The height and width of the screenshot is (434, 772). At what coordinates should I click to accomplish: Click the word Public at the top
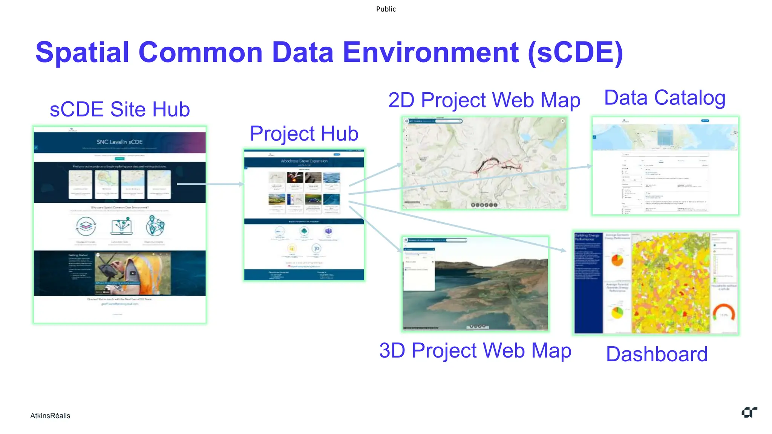tap(386, 9)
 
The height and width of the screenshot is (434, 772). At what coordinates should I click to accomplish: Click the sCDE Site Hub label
tap(119, 110)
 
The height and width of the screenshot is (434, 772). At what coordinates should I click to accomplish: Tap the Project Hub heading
tap(304, 134)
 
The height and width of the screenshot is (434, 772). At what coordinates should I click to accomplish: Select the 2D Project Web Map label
tap(484, 101)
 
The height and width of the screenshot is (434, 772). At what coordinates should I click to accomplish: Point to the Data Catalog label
tap(665, 98)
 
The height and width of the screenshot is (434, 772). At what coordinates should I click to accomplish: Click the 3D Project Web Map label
tap(475, 351)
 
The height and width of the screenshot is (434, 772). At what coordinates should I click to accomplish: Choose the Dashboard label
tap(657, 355)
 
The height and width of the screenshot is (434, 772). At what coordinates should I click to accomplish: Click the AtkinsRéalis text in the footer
tap(50, 416)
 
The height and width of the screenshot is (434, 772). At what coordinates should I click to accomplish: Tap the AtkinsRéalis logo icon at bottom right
tap(749, 413)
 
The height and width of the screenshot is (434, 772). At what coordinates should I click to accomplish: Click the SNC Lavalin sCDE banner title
tap(119, 142)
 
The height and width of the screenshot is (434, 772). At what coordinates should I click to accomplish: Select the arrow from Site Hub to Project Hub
tap(210, 184)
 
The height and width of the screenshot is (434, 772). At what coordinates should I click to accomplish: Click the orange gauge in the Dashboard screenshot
tap(724, 312)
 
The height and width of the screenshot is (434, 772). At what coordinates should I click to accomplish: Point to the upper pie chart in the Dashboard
tap(617, 260)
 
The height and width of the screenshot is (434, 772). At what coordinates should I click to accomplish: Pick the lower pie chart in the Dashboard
tap(617, 312)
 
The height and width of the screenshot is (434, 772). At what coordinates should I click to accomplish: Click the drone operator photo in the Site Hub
tap(133, 274)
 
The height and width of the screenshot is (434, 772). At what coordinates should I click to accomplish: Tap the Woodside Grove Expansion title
tap(304, 161)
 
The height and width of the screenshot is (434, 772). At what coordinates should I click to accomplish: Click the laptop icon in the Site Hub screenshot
tap(121, 227)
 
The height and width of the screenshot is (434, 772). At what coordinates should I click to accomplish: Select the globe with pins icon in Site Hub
tap(155, 226)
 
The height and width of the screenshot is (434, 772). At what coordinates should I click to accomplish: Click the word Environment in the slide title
tap(430, 52)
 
